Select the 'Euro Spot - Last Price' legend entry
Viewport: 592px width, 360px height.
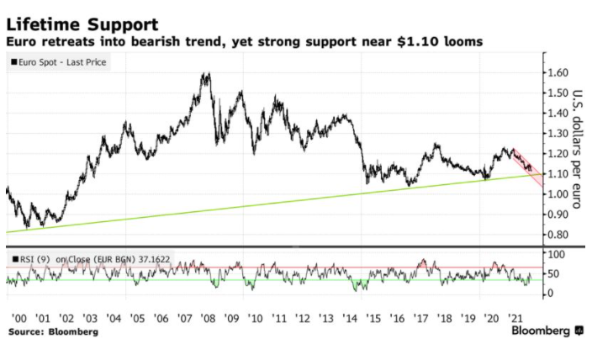(60, 62)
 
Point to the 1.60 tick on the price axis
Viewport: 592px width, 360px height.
(559, 72)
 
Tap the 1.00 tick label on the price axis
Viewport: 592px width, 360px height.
(559, 194)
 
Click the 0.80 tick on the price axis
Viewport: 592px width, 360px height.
(559, 235)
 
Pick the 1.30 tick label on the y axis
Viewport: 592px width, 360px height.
(559, 134)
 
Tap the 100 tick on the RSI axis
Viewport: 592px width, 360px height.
(556, 253)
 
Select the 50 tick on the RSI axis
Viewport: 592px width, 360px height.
(553, 273)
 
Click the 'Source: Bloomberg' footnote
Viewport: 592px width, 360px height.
(52, 333)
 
